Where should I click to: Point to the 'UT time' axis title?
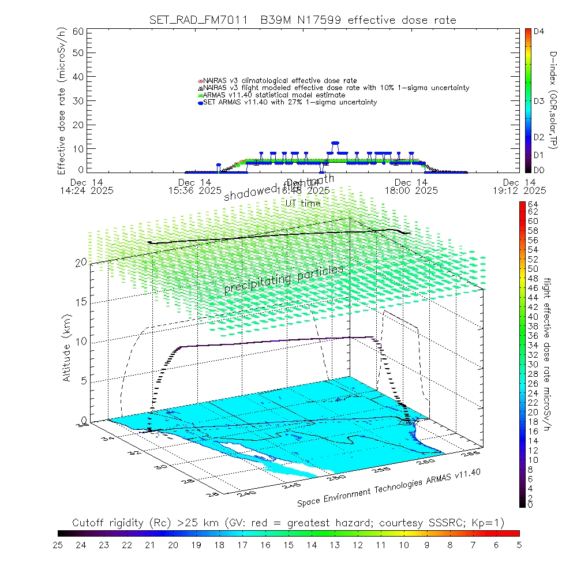coord(303,203)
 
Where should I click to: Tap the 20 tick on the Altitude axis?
coord(80,262)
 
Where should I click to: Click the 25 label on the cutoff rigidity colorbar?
coord(58,545)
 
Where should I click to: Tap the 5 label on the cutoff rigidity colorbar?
coord(519,545)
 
